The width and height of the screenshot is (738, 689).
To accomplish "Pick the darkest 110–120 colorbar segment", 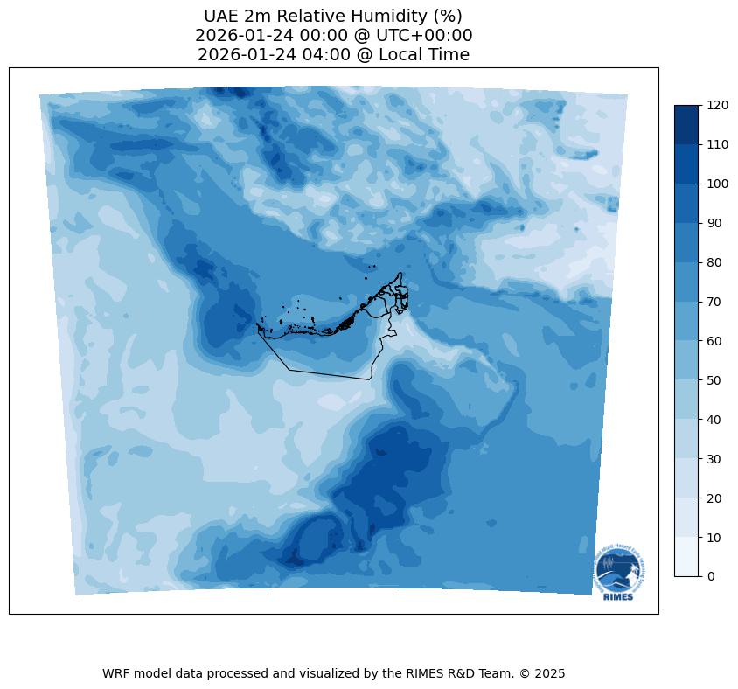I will (x=687, y=124).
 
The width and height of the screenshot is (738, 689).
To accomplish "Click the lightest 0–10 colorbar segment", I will (x=687, y=556).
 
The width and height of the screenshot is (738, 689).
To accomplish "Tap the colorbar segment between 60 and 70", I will (x=687, y=321).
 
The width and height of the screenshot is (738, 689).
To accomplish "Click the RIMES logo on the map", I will (x=619, y=573).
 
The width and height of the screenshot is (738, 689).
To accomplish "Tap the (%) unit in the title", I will (x=445, y=17).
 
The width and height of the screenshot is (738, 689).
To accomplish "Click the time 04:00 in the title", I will (x=317, y=55).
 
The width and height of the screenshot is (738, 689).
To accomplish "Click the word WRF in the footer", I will (x=116, y=673).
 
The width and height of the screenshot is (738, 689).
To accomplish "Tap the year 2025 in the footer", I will (x=550, y=673).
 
